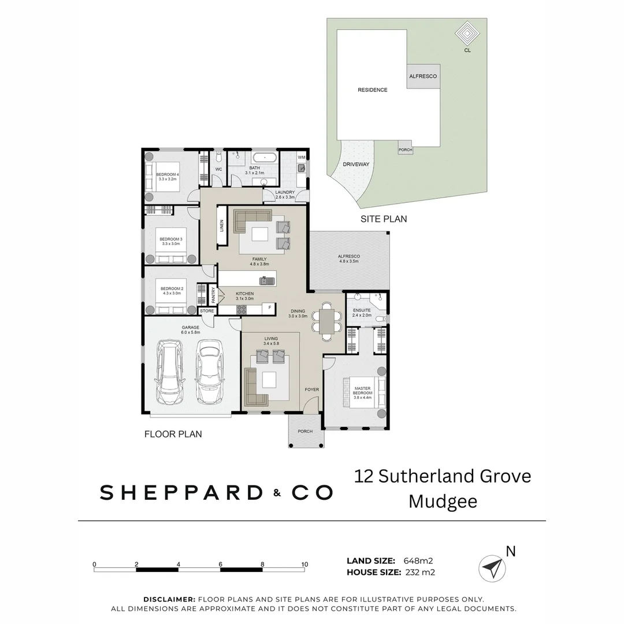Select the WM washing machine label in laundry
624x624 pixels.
pyautogui.click(x=301, y=157)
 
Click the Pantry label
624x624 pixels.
pyautogui.click(x=213, y=296)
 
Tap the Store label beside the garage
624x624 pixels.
pyautogui.click(x=207, y=311)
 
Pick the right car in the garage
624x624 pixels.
pyautogui.click(x=209, y=372)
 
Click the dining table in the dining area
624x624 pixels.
pyautogui.click(x=327, y=321)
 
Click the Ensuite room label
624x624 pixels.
pyautogui.click(x=362, y=313)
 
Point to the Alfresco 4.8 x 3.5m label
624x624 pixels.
pyautogui.click(x=349, y=258)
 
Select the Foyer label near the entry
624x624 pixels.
pyautogui.click(x=312, y=389)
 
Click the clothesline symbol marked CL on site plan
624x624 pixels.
pyautogui.click(x=467, y=34)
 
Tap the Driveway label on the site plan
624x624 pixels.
pyautogui.click(x=356, y=164)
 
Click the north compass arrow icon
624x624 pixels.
pyautogui.click(x=492, y=568)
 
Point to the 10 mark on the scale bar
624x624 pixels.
pyautogui.click(x=304, y=564)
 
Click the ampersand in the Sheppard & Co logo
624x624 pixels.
pyautogui.click(x=277, y=493)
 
